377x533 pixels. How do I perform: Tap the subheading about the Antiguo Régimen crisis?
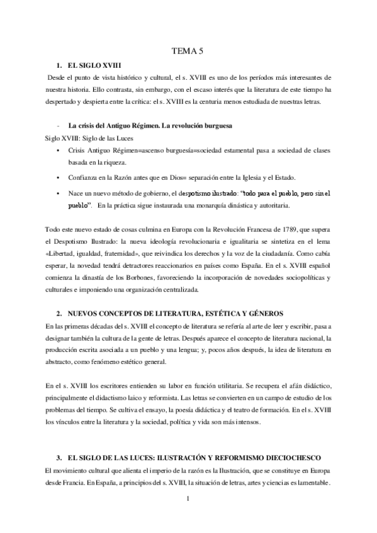click(x=150, y=126)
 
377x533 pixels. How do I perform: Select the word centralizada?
click(x=181, y=290)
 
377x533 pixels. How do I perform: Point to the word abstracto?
click(x=60, y=363)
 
